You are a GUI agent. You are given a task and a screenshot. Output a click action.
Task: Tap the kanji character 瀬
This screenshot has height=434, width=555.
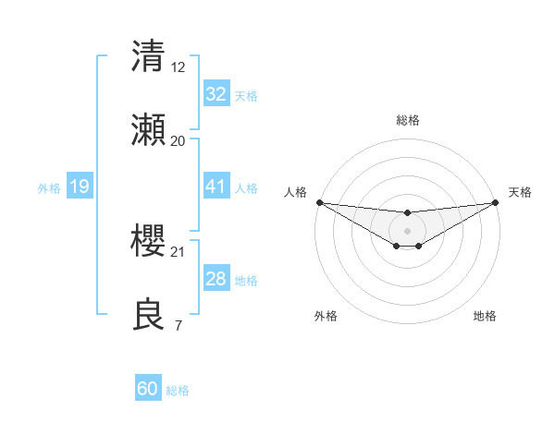149,130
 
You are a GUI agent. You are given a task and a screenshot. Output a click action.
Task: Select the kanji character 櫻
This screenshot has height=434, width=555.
149,241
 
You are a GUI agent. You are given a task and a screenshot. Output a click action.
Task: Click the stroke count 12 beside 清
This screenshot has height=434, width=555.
178,66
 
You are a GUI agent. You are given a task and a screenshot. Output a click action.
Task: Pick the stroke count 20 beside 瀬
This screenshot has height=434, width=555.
178,141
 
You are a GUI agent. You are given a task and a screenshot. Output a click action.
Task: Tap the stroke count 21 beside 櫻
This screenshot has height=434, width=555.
178,251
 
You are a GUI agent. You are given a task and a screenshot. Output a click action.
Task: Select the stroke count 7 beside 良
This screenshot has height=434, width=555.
178,326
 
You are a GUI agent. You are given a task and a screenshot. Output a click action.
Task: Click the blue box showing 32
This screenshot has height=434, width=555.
216,94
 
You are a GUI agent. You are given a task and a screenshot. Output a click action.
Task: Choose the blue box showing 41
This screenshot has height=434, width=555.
216,187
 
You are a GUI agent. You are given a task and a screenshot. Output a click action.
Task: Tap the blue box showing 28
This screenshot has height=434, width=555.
216,279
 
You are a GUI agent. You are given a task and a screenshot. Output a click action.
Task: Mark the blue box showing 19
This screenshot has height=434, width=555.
79,187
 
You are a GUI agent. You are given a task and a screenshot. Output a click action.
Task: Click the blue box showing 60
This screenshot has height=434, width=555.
148,389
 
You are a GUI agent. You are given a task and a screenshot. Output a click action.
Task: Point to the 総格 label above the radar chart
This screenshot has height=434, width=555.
407,120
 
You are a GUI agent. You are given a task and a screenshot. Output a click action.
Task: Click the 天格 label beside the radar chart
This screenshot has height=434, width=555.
520,192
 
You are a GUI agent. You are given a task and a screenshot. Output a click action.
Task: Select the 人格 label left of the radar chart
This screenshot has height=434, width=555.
295,192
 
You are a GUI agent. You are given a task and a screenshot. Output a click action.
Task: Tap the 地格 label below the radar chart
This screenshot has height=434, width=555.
485,316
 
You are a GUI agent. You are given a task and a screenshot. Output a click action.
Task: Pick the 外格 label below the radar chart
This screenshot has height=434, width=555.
326,316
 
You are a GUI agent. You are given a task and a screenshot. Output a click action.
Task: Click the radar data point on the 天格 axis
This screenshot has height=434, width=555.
496,202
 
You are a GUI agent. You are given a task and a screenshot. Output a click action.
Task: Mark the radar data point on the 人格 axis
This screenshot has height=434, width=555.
319,202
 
